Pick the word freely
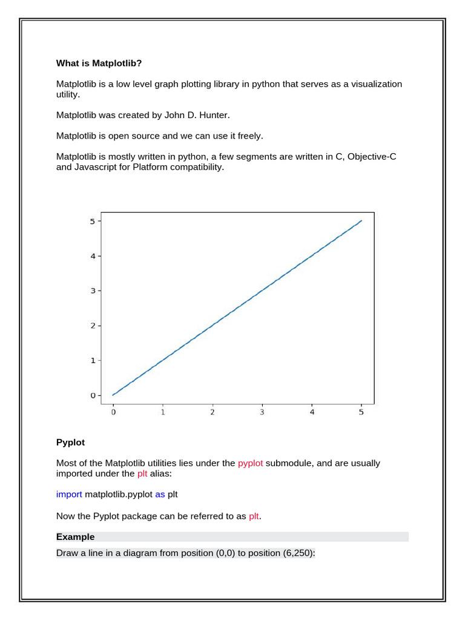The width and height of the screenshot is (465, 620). [249, 136]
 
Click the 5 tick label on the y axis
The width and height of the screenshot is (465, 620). [92, 222]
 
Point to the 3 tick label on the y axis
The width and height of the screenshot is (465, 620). [92, 291]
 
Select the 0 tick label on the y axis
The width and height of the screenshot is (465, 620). [92, 395]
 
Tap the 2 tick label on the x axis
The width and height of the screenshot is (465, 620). [213, 413]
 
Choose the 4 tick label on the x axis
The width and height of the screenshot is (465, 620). [312, 413]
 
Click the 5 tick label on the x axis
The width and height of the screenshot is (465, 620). [361, 413]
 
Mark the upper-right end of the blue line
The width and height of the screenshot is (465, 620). [361, 221]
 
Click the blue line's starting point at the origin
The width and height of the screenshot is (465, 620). [113, 395]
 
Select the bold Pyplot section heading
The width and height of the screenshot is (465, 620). [71, 443]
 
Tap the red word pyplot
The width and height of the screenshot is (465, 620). [250, 463]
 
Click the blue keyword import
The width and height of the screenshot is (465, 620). [69, 495]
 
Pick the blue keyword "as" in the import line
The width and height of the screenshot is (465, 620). [160, 495]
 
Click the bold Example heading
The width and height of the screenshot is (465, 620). [75, 537]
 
